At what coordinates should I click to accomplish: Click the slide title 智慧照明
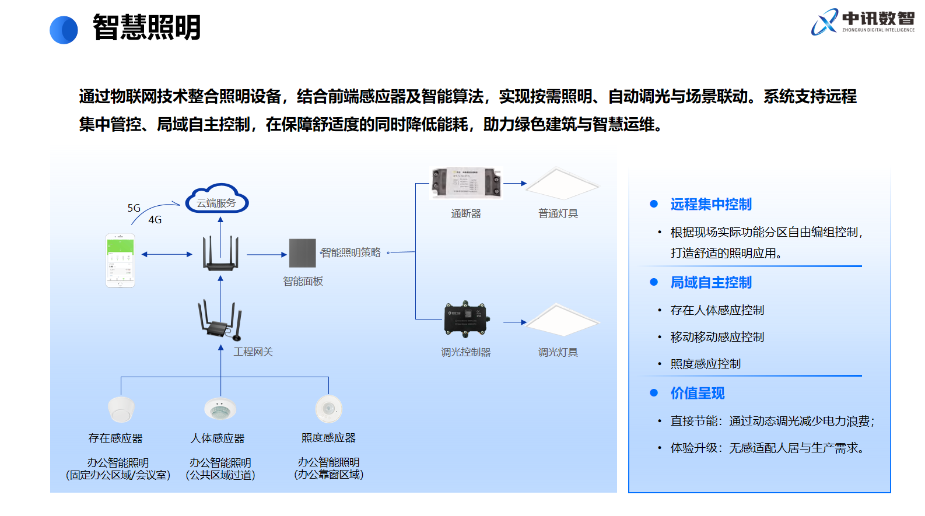(146, 27)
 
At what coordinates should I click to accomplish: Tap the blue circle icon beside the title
(64, 30)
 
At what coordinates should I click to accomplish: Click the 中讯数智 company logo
(862, 22)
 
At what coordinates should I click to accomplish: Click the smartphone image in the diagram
(120, 260)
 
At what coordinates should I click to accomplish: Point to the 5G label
(134, 208)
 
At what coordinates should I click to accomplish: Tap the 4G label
(155, 220)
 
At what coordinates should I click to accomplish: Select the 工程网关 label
(253, 352)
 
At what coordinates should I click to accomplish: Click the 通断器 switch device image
(466, 183)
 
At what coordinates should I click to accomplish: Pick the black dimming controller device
(466, 320)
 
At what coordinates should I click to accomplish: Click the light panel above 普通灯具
(562, 184)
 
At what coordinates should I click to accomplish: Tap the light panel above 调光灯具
(562, 320)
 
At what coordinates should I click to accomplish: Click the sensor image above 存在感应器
(121, 409)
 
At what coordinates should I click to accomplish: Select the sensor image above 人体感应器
(220, 409)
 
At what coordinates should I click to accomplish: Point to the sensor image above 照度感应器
(328, 409)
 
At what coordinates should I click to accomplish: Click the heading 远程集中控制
(711, 205)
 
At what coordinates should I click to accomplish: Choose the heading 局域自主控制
(711, 283)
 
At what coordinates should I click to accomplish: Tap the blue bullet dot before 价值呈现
(654, 393)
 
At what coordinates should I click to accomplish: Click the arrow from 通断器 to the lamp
(514, 183)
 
